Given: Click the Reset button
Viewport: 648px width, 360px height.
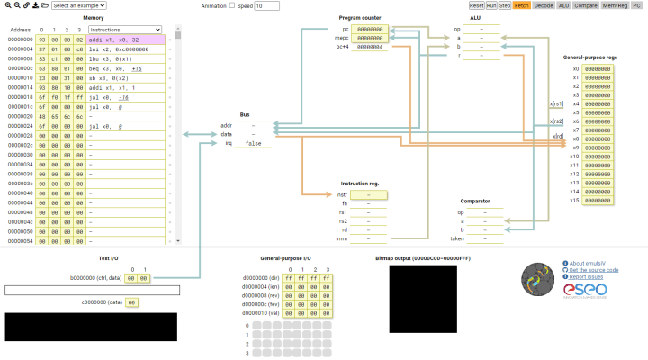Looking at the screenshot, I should [477, 5].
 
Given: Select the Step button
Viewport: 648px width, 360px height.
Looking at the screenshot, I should [506, 5].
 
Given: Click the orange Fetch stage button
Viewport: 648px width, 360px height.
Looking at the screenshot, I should [522, 5].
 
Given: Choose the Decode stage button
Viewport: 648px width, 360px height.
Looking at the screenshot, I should [544, 5].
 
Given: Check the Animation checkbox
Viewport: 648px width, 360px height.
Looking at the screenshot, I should [232, 5].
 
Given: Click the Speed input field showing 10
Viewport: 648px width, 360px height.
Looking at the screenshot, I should [267, 5].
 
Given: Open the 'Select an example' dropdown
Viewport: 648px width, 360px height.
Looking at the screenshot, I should [78, 5].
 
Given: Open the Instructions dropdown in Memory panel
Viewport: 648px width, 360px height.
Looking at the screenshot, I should [125, 30].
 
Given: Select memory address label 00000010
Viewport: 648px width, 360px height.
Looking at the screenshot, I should [20, 78].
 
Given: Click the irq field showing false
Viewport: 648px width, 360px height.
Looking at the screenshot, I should [254, 143].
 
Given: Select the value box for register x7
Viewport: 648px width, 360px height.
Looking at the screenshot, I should [598, 130].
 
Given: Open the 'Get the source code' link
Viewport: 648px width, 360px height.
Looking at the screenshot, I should [593, 270].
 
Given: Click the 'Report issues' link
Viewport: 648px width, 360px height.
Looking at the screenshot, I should [587, 277].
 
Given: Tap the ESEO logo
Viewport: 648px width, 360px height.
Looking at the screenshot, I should [585, 291].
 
